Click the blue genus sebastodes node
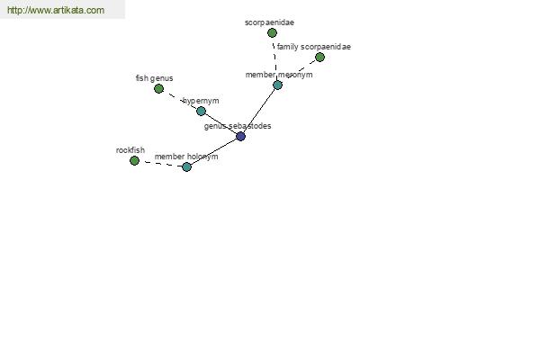pyautogui.click(x=240, y=137)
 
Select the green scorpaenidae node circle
pyautogui.click(x=272, y=33)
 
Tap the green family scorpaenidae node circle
pyautogui.click(x=319, y=58)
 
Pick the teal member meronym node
pyautogui.click(x=277, y=85)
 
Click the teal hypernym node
pyautogui.click(x=201, y=112)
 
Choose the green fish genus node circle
pyautogui.click(x=158, y=89)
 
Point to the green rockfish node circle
pyautogui.click(x=134, y=160)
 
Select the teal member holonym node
pyautogui.click(x=186, y=167)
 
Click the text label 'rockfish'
pyautogui.click(x=130, y=150)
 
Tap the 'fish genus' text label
pyautogui.click(x=154, y=78)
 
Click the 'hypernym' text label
pyautogui.click(x=201, y=101)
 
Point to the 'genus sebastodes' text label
pyautogui.click(x=238, y=126)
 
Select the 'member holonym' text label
pyautogui.click(x=186, y=157)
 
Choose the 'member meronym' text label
pyautogui.click(x=279, y=75)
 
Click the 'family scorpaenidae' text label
pyautogui.click(x=314, y=47)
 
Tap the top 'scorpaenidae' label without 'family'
pyautogui.click(x=269, y=22)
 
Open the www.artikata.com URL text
pyautogui.click(x=56, y=10)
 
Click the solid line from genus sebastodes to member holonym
pyautogui.click(x=213, y=152)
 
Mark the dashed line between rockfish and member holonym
pyautogui.click(x=160, y=164)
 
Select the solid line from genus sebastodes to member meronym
pyautogui.click(x=259, y=111)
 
